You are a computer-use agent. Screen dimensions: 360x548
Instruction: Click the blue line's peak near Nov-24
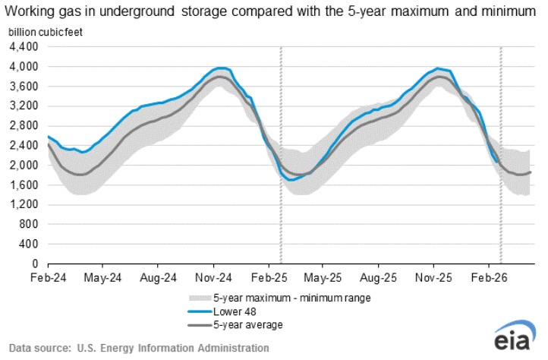pyautogui.click(x=221, y=68)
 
